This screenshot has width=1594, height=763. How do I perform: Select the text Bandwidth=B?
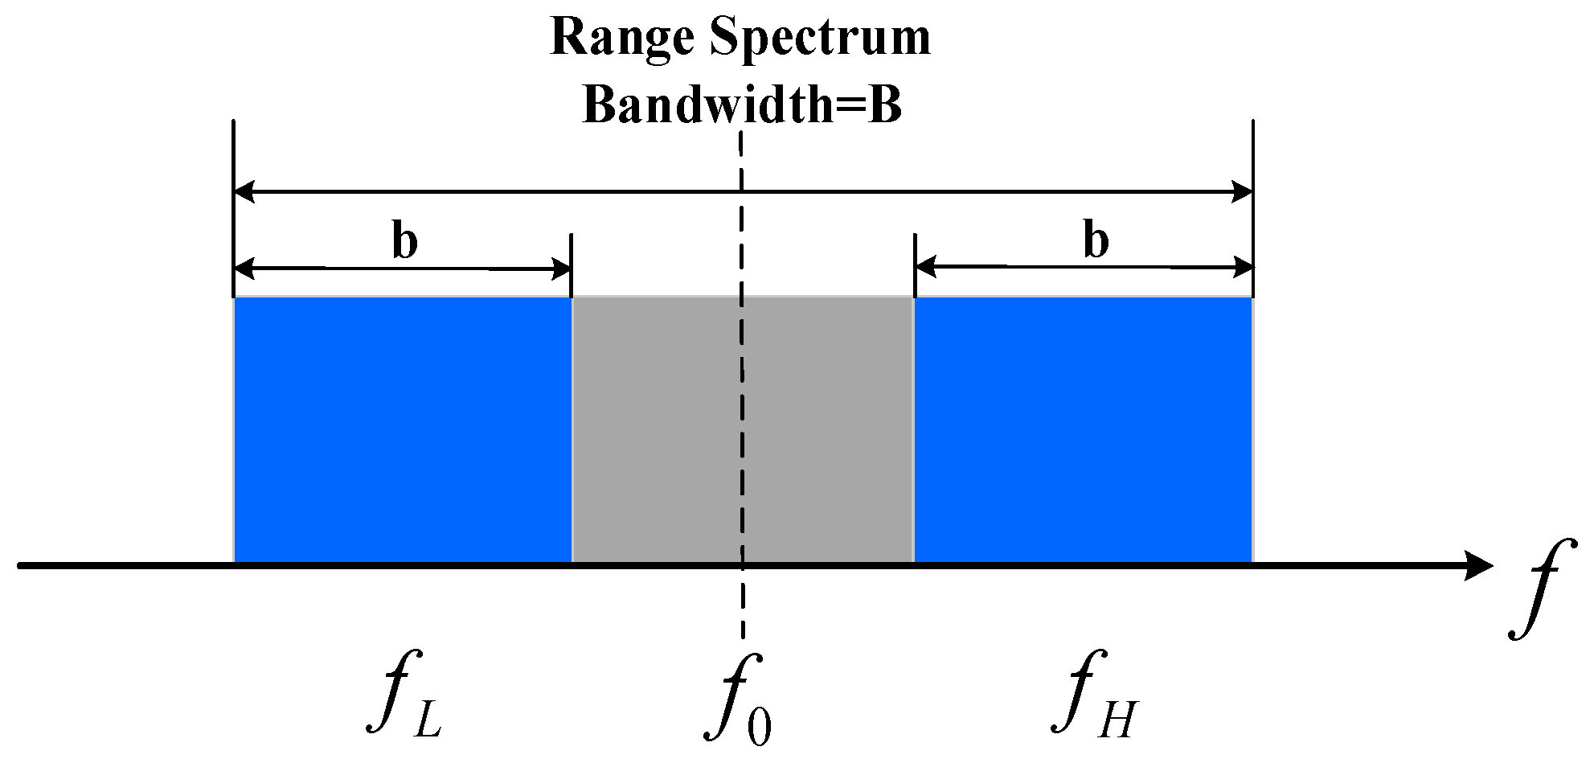click(x=742, y=105)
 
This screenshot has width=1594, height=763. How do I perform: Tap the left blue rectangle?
click(x=402, y=430)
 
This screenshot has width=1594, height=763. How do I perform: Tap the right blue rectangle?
click(x=1083, y=430)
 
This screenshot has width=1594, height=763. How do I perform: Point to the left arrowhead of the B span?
click(x=244, y=192)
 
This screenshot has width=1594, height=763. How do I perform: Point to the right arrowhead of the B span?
click(x=1243, y=192)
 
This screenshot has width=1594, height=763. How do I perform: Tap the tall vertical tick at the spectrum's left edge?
click(x=233, y=161)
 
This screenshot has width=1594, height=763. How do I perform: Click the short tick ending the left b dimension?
click(x=571, y=265)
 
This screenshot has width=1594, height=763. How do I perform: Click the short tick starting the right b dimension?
click(x=915, y=265)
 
